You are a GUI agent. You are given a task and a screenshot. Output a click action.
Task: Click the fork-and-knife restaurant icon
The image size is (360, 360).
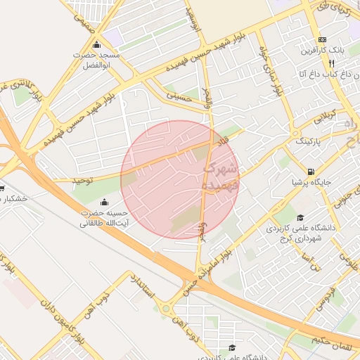(322, 63)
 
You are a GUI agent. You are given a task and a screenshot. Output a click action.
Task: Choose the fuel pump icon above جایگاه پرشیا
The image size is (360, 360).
(310, 172)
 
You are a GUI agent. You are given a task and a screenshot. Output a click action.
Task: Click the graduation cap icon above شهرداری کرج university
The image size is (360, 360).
(301, 218)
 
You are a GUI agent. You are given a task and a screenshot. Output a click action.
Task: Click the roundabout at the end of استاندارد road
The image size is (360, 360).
(167, 308)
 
